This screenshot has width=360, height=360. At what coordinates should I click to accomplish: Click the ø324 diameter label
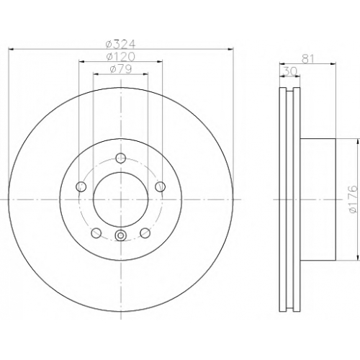(121, 44)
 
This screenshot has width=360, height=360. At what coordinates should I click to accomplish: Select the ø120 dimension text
(121, 57)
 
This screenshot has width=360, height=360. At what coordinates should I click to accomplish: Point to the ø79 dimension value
(121, 69)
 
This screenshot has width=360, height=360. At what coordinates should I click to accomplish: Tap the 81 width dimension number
(307, 59)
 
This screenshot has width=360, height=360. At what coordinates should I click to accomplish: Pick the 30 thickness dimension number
(290, 71)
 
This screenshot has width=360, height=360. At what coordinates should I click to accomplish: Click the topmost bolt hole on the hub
(121, 158)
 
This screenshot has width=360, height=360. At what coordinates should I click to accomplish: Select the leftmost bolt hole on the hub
(81, 186)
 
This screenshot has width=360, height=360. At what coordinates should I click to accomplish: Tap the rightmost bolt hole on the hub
(160, 186)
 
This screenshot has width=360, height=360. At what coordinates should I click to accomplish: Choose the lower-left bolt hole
(96, 233)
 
